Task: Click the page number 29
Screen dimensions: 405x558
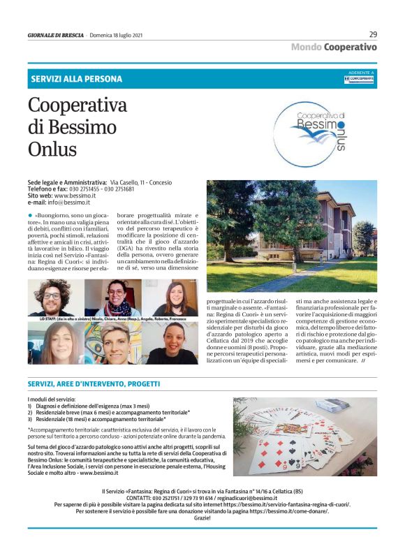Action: click(x=372, y=34)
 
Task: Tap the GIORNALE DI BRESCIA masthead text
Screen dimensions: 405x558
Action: click(x=56, y=35)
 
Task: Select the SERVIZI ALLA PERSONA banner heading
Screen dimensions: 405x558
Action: click(x=76, y=79)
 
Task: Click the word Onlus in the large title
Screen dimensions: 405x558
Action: click(x=52, y=149)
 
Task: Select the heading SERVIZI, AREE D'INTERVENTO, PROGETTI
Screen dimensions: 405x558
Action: click(x=94, y=383)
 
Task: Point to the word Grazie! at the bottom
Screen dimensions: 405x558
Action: click(x=202, y=537)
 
